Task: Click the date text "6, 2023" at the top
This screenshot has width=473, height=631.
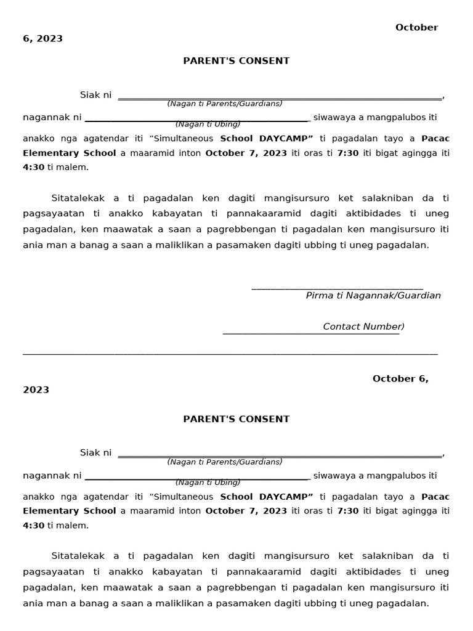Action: [42, 39]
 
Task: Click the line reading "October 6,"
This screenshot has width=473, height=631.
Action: [400, 378]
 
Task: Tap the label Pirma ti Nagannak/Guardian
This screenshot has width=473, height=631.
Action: [373, 296]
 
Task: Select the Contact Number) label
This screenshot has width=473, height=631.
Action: [363, 327]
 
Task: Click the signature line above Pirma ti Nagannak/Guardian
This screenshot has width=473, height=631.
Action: [337, 288]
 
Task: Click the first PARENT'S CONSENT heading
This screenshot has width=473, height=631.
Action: [236, 61]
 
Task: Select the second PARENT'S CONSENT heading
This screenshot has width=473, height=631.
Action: [236, 419]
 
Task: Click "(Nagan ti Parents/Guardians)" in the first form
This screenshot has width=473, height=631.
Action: [224, 104]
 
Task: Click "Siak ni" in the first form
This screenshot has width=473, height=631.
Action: [95, 95]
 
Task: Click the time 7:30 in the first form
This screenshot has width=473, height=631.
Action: [348, 153]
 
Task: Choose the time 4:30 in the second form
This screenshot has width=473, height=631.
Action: [33, 526]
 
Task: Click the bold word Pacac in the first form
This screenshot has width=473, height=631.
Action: [435, 139]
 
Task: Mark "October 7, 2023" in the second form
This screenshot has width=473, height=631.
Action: [246, 511]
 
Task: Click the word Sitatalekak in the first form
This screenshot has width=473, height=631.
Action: [79, 198]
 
